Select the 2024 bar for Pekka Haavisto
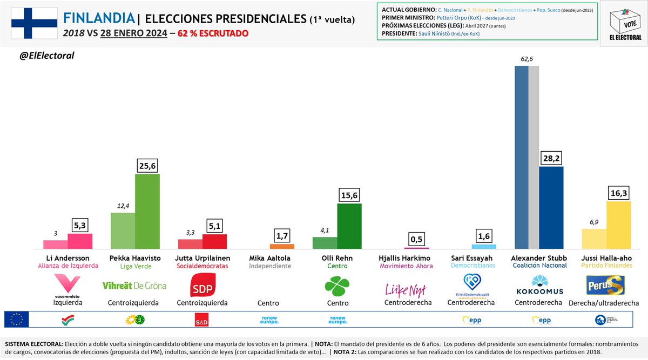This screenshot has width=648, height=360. coord(147,211)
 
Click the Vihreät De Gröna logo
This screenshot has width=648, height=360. coord(134,286)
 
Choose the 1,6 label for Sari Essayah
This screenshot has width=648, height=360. coord(484,235)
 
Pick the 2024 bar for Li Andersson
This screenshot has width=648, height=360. coord(80,241)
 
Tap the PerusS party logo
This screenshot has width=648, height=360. coord(605,284)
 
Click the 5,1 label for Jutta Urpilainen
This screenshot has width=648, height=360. coord(215,224)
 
